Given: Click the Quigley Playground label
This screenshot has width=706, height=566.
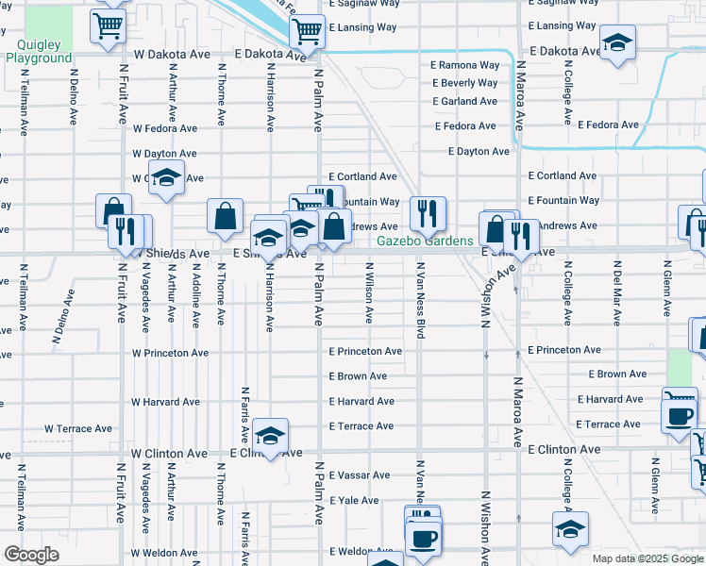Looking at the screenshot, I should click(39, 51).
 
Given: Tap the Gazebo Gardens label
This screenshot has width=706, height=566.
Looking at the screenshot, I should click(425, 241).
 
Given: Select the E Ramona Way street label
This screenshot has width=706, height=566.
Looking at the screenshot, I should click(464, 66).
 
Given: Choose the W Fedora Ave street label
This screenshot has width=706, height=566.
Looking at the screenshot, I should click(165, 128).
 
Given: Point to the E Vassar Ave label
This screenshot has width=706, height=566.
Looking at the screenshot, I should click(359, 475).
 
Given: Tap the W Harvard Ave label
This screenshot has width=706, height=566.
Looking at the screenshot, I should click(165, 402).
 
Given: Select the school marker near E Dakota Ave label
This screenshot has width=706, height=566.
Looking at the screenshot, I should click(618, 42).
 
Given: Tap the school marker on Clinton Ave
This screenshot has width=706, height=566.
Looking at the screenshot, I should click(271, 436).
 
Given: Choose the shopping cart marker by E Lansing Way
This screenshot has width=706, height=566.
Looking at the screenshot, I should click(307, 31).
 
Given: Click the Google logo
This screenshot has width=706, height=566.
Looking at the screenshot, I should click(31, 555).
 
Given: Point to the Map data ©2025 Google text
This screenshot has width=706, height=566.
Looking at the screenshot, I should click(647, 558).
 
